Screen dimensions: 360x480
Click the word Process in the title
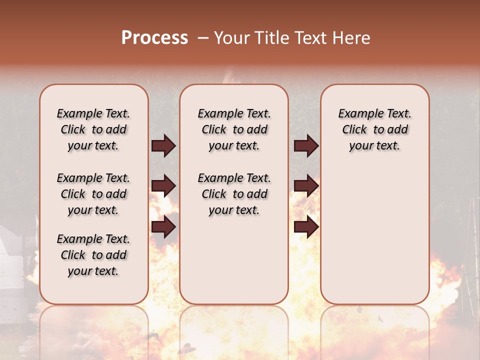[x=154, y=38]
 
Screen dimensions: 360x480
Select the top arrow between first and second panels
[x=163, y=146]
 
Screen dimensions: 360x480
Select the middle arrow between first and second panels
[x=163, y=186]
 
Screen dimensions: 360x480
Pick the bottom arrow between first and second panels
[x=163, y=227]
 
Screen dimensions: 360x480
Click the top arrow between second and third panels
[x=306, y=146]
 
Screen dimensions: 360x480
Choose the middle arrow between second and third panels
[x=306, y=186]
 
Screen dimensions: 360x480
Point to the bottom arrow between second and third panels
[x=306, y=227]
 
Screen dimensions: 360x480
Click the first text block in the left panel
[x=93, y=129]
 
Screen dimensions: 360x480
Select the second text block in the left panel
[x=93, y=194]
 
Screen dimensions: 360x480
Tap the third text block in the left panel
[x=93, y=255]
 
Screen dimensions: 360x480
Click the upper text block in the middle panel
[x=234, y=129]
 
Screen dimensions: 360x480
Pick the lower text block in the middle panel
[x=234, y=194]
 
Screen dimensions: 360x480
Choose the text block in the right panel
[x=374, y=129]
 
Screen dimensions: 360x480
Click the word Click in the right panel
[x=354, y=129]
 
